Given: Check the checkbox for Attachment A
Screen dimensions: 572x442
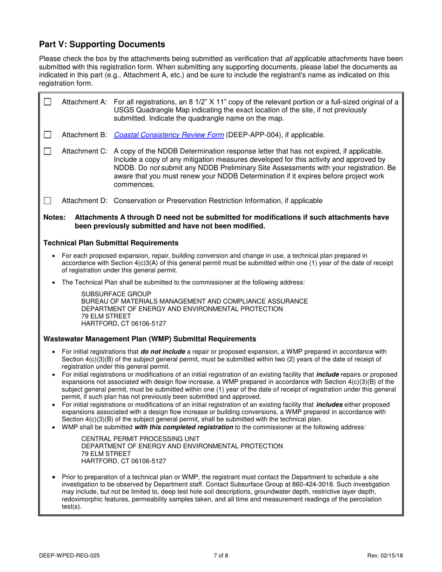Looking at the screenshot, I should [x=47, y=102].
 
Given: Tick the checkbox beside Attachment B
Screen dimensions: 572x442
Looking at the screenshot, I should [x=47, y=135].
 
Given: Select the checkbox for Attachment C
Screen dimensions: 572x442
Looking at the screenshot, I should [x=47, y=152].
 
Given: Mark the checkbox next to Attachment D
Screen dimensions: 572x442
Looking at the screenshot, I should [x=47, y=201].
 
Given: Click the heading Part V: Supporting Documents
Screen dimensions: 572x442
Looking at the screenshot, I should [x=102, y=45].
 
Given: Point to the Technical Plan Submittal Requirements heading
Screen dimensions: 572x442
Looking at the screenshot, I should [x=111, y=243].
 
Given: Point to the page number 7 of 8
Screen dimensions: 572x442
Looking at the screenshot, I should [x=221, y=555].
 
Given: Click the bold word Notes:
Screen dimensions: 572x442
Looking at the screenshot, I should [x=54, y=217].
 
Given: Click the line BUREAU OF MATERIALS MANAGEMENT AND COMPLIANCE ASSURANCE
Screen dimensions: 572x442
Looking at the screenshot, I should [x=194, y=301].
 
